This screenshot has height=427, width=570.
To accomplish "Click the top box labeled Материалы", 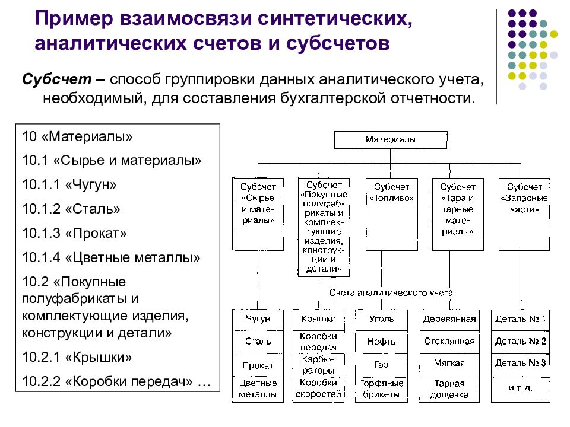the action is pos(391,140).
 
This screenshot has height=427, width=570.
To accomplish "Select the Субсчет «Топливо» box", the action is pos(391,214).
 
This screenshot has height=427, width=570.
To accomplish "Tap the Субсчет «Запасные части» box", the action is pos(524,214).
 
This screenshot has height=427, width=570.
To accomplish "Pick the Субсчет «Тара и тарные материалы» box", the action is pos(458,214).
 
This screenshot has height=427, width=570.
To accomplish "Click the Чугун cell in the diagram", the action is pos(258,320).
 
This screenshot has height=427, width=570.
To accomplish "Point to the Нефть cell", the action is pos(381,342).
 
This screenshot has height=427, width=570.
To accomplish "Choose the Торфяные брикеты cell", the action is pos(381,389).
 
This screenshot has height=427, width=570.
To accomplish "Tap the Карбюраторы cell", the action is pos(318,365).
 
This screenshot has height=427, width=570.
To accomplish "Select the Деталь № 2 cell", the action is pos(520,342).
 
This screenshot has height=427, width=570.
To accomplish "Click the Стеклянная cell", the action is pos(449,342).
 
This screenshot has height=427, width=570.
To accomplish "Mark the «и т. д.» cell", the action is pos(520,389).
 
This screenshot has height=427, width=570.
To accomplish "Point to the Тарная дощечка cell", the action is pos(449,389).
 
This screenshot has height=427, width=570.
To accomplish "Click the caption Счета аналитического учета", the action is pos(391,292).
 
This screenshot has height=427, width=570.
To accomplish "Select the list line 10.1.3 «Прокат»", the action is pos(75,233).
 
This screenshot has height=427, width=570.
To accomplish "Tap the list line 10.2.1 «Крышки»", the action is pos(77,357).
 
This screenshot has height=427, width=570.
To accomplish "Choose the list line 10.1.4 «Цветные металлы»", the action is pos(111,257).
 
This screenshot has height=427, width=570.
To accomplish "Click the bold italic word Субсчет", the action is pos(57,79).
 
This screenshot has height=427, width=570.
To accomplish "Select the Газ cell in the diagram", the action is pos(381,365).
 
